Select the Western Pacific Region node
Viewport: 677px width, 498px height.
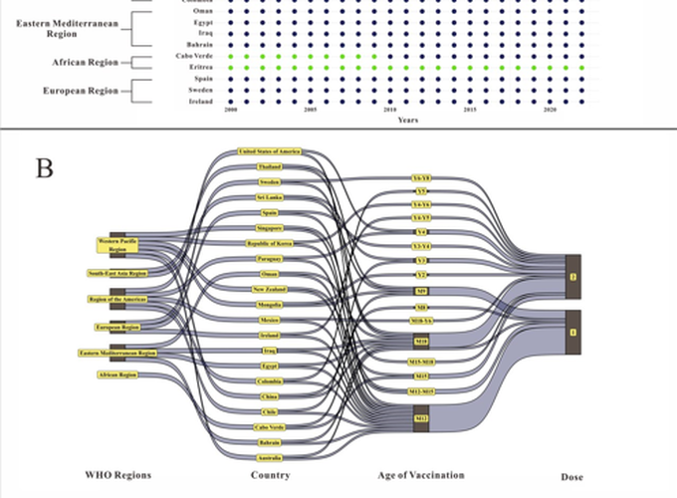[x=117, y=244]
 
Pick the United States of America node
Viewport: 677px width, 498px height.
[x=270, y=151]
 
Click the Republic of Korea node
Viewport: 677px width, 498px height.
[x=270, y=243]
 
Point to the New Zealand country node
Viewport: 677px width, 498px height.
[x=270, y=289]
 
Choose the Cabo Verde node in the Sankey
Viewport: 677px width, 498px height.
[x=270, y=426]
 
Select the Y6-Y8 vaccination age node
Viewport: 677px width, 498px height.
[x=421, y=178]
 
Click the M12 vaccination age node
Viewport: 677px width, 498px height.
[x=421, y=419]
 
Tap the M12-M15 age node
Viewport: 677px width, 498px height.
[x=421, y=391]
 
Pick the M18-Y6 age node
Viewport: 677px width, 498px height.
[x=421, y=323]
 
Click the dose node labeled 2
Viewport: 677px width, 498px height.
[x=572, y=276]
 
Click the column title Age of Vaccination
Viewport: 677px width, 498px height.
[x=421, y=475]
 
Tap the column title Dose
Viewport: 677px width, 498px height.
[x=572, y=475]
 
